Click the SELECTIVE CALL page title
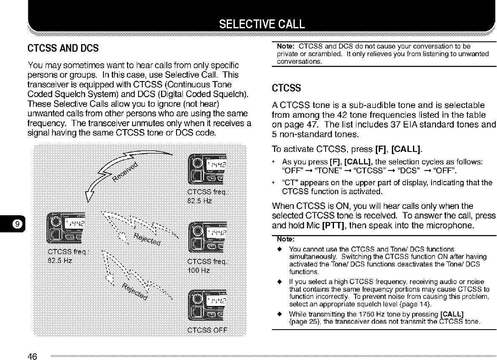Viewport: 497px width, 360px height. point(261,23)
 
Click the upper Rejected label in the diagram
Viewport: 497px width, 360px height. point(147,239)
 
